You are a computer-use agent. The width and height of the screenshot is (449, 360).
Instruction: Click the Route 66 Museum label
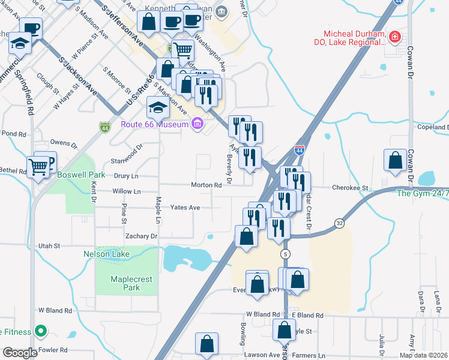tap(154, 124)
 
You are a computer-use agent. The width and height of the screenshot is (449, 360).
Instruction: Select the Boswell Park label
tap(81, 175)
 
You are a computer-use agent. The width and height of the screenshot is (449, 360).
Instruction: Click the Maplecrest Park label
tap(125, 283)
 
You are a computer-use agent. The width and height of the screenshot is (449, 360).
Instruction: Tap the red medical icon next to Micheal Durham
tap(394, 38)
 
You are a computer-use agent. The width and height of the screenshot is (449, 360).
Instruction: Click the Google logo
tap(20, 353)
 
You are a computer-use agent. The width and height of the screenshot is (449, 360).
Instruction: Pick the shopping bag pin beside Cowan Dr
tap(395, 160)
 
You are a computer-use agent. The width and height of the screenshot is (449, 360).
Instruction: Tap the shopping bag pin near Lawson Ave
tap(206, 344)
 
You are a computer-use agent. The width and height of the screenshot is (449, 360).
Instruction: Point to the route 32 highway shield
tap(340, 223)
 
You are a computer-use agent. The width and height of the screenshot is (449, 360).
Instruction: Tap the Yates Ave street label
tap(185, 208)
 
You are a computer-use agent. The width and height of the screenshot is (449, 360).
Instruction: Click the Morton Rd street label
tap(206, 185)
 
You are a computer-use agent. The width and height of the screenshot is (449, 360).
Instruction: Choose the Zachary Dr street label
tap(141, 236)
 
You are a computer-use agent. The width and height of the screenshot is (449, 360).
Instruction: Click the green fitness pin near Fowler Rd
tap(40, 331)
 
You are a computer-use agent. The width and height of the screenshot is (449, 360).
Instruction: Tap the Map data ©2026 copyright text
tap(423, 355)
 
